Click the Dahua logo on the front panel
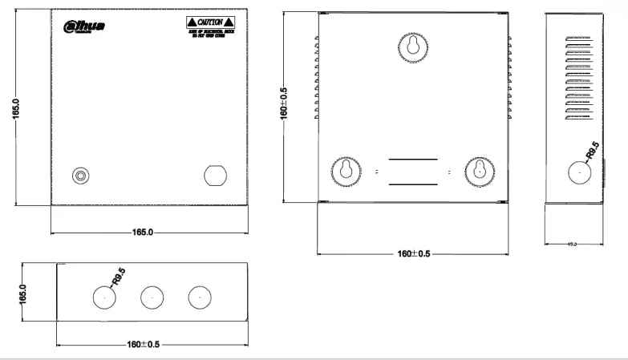coord(83,26)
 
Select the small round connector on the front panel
coord(79,176)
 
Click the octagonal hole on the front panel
coord(214,175)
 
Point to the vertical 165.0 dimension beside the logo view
coord(16,109)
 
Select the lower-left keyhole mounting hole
coord(346,171)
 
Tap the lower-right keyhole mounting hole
coord(480,171)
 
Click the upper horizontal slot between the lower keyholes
coord(412,160)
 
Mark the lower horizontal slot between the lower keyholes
coord(412,184)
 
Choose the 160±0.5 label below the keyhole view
coord(414,254)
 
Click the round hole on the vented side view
coord(578,172)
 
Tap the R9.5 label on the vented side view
coord(592,150)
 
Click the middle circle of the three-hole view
coord(152,297)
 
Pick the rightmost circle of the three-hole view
coord(200,297)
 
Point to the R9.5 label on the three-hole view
coord(118,277)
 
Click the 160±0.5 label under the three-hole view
coord(144,344)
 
